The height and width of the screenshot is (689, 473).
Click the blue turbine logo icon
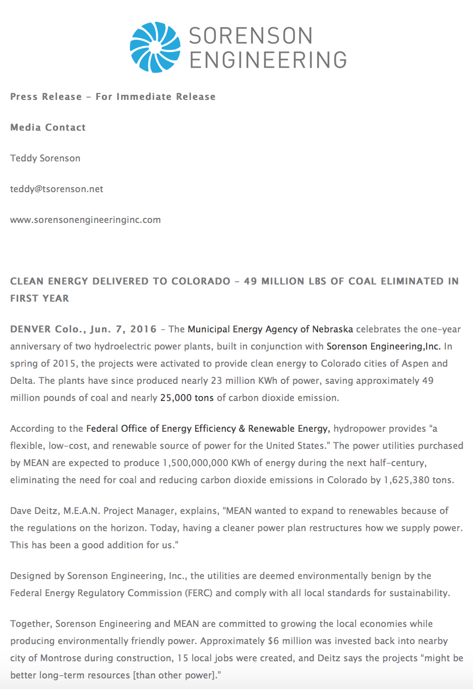155,47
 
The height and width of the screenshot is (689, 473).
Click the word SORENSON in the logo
251,36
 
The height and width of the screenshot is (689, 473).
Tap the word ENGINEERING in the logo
268,60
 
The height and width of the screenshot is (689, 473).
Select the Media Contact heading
48,128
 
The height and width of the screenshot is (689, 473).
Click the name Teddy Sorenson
45,158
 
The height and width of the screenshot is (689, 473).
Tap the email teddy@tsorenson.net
56,189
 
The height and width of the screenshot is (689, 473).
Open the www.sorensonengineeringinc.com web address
85,220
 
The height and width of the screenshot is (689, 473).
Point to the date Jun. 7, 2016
124,329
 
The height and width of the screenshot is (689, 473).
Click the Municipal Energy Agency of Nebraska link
270,329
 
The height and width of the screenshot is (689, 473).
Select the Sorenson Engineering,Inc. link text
383,347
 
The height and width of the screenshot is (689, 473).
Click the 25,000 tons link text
187,398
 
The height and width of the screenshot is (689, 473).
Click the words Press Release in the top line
46,97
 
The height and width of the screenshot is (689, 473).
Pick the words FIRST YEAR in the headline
40,299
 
